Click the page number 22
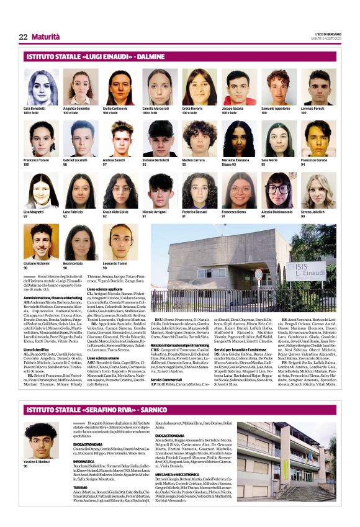pos(23,37)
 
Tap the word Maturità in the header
pos(46,37)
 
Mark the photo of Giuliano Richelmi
pos(42,242)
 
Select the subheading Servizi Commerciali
pos(169,362)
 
